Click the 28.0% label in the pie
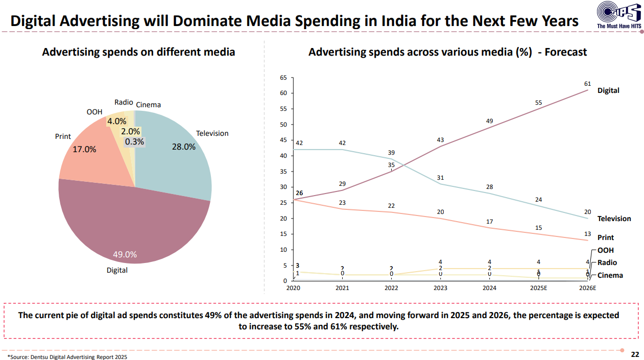[x=184, y=147]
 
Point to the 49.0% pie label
[x=125, y=254]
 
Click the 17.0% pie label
[x=84, y=150]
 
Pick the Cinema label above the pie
[x=148, y=105]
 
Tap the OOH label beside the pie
[x=94, y=112]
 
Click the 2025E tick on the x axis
[x=538, y=289]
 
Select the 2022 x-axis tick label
[x=391, y=289]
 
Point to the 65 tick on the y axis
[x=283, y=78]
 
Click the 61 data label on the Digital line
[x=587, y=84]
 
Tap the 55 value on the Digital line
[x=538, y=103]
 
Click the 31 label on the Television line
[x=440, y=178]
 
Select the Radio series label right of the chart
[x=607, y=262]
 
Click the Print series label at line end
[x=606, y=237]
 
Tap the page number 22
[x=635, y=354]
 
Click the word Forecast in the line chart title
[x=566, y=52]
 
